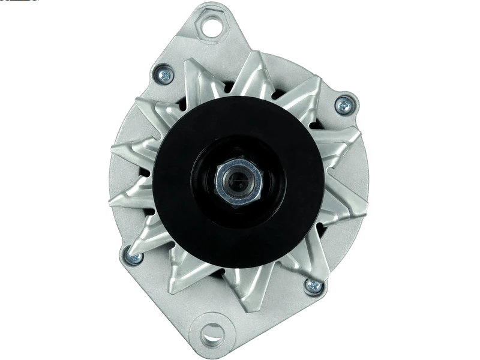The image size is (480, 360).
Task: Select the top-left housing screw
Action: click(163, 74)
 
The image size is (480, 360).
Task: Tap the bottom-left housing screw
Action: click(133, 258)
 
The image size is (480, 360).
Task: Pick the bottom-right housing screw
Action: click(312, 285)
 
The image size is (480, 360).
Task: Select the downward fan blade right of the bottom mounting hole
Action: click(240, 288)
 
